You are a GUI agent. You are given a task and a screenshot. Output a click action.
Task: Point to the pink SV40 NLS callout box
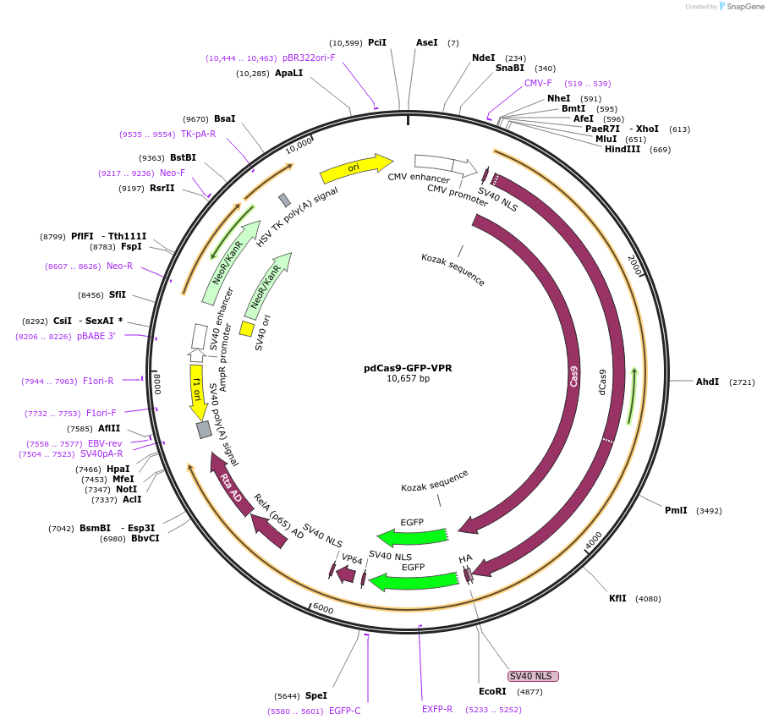[x=533, y=676]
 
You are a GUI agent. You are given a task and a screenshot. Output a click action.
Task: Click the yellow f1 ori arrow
[x=198, y=392]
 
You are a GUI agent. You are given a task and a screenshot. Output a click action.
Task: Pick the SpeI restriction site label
[x=315, y=695]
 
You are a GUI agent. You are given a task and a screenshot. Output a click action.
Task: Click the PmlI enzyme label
[x=676, y=510]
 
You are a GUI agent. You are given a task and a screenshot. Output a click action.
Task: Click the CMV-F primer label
[x=538, y=83]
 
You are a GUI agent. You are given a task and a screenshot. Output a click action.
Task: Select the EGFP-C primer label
[x=344, y=711]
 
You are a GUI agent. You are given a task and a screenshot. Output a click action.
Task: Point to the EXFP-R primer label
[x=437, y=709]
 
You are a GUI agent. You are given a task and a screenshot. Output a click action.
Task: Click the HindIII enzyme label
[x=625, y=150]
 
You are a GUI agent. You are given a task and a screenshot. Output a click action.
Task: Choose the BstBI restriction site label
[x=183, y=157]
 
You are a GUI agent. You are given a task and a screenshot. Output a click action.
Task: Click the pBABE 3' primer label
[x=96, y=336]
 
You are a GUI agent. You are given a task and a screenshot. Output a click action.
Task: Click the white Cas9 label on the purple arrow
[x=574, y=376]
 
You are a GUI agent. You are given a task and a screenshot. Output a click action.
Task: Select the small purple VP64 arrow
[x=345, y=574]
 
